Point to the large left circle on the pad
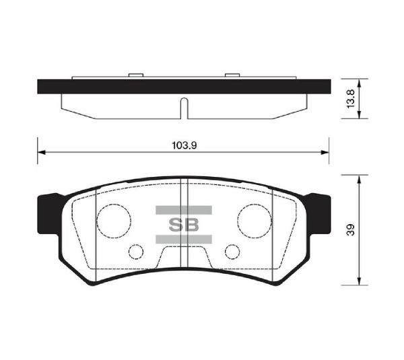[114, 220]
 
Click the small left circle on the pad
[136, 252]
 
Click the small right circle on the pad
[232, 252]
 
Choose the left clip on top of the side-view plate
[135, 75]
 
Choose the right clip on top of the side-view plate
[232, 75]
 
